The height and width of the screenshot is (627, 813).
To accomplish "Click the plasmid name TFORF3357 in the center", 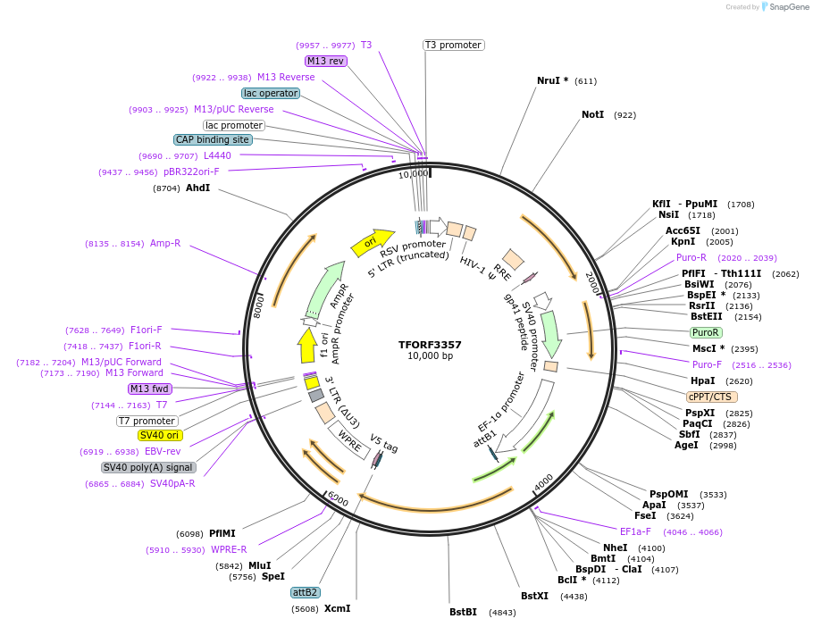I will pyautogui.click(x=430, y=344).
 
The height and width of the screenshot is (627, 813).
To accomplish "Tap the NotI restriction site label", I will pyautogui.click(x=592, y=115).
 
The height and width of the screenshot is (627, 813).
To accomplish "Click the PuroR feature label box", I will pyautogui.click(x=705, y=332).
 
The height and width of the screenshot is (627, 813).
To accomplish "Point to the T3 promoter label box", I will pyautogui.click(x=453, y=45).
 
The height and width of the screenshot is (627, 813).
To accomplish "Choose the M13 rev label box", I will pyautogui.click(x=325, y=61).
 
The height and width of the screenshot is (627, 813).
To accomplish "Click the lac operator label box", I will pyautogui.click(x=270, y=93).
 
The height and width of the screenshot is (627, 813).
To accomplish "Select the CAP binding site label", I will pyautogui.click(x=213, y=139).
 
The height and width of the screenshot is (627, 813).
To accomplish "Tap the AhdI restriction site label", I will pyautogui.click(x=197, y=188).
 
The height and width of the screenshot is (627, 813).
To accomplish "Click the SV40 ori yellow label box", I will pyautogui.click(x=160, y=435).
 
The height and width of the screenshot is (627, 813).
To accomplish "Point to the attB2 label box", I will pyautogui.click(x=305, y=592).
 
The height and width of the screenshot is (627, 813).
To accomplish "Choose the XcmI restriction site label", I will pyautogui.click(x=337, y=608).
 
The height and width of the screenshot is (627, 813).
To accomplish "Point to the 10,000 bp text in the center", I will pyautogui.click(x=430, y=356).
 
